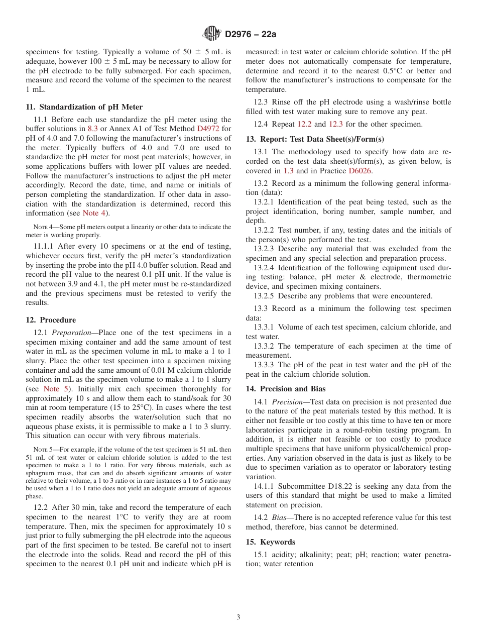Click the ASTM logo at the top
coord(212,34)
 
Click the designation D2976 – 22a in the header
coord(251,35)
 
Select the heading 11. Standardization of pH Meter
coord(84,107)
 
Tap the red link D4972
coord(206,129)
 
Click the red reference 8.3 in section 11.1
coord(92,129)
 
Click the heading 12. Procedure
coord(51,320)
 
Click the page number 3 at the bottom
coord(238,617)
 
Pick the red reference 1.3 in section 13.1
coord(288,171)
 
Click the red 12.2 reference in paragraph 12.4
coord(304,124)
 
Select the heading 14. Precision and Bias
coord(286,389)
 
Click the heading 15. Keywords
coord(271,542)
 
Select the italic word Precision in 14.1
coord(289,402)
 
